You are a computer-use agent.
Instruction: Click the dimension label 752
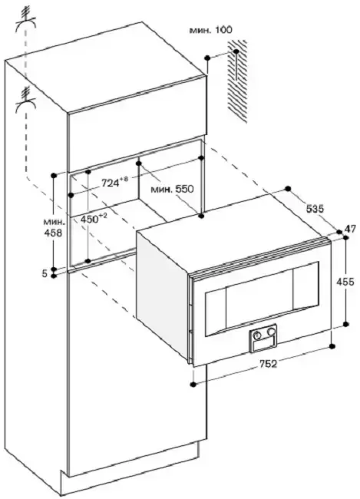[268, 364]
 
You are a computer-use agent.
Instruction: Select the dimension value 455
[345, 282]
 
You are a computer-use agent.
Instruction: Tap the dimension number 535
[315, 209]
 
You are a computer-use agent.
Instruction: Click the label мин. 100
[211, 30]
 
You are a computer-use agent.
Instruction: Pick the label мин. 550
[172, 189]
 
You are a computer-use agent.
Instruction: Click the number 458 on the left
[52, 233]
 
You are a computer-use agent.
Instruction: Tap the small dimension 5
[45, 273]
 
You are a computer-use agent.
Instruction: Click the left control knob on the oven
[258, 335]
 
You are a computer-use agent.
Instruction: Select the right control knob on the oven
[271, 332]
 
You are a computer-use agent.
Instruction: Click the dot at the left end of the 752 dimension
[193, 385]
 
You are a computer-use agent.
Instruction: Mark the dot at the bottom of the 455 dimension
[346, 324]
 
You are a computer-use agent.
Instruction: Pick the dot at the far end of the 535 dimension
[289, 188]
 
